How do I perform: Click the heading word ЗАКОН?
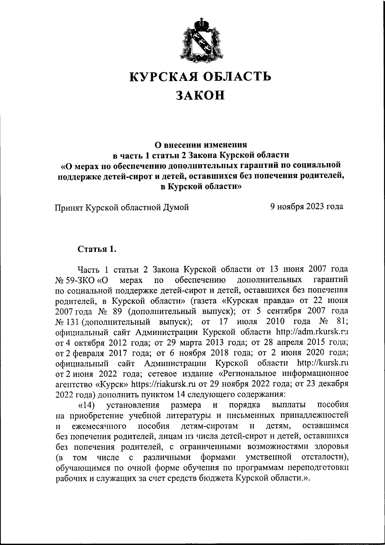click(200, 95)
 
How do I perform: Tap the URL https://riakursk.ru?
click(164, 384)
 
